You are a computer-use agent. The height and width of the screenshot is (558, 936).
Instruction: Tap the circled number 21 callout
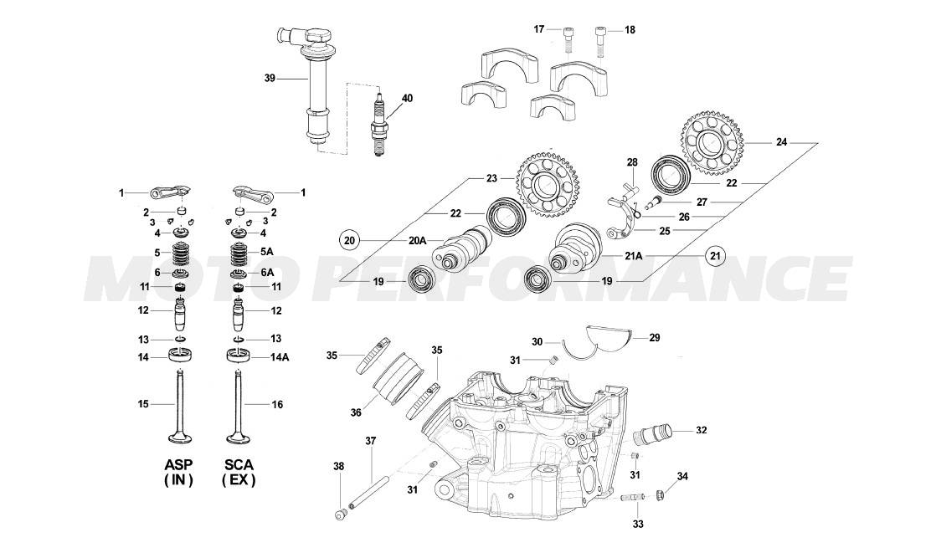[x=714, y=255]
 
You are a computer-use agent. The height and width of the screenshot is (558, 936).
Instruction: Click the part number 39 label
[x=269, y=78]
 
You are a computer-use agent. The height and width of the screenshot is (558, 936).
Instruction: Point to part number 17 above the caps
[x=540, y=29]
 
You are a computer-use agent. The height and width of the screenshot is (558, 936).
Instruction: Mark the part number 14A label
[x=279, y=357]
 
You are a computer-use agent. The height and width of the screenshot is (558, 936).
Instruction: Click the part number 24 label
[x=781, y=143]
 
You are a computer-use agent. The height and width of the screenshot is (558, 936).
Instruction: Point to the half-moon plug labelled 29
[x=611, y=336]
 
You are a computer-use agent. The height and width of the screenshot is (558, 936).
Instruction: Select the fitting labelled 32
[x=651, y=435]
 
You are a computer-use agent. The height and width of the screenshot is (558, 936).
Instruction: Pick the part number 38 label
[x=338, y=466]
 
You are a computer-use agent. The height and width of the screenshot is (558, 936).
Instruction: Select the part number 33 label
[x=638, y=525]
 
